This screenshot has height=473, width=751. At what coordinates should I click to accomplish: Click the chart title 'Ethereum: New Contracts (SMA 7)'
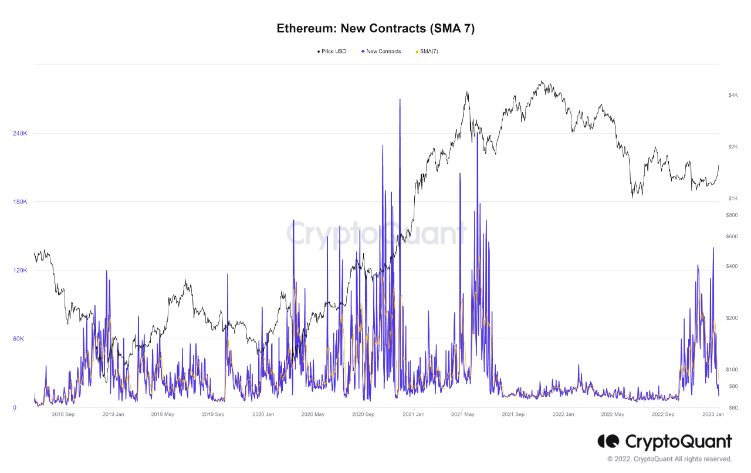point(375,28)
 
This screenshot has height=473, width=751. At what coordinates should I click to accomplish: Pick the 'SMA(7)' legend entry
point(428,52)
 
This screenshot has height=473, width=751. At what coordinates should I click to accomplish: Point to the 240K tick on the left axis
point(20,134)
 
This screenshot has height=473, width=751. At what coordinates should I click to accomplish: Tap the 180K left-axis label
point(20,202)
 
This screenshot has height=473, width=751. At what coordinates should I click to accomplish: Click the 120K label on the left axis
point(20,271)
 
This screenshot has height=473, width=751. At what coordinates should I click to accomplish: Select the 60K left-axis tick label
point(21,339)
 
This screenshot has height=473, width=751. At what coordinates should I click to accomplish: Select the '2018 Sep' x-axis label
point(63,414)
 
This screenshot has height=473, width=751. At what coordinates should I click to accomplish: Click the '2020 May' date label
point(313,414)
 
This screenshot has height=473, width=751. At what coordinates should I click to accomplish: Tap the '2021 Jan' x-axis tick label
point(414,414)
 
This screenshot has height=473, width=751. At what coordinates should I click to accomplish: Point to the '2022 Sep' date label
point(663,414)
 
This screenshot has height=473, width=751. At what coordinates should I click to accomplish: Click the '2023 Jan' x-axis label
point(713,414)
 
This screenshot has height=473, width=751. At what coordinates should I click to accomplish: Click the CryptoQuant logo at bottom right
point(665,441)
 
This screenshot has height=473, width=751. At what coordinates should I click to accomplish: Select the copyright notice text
point(669,459)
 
